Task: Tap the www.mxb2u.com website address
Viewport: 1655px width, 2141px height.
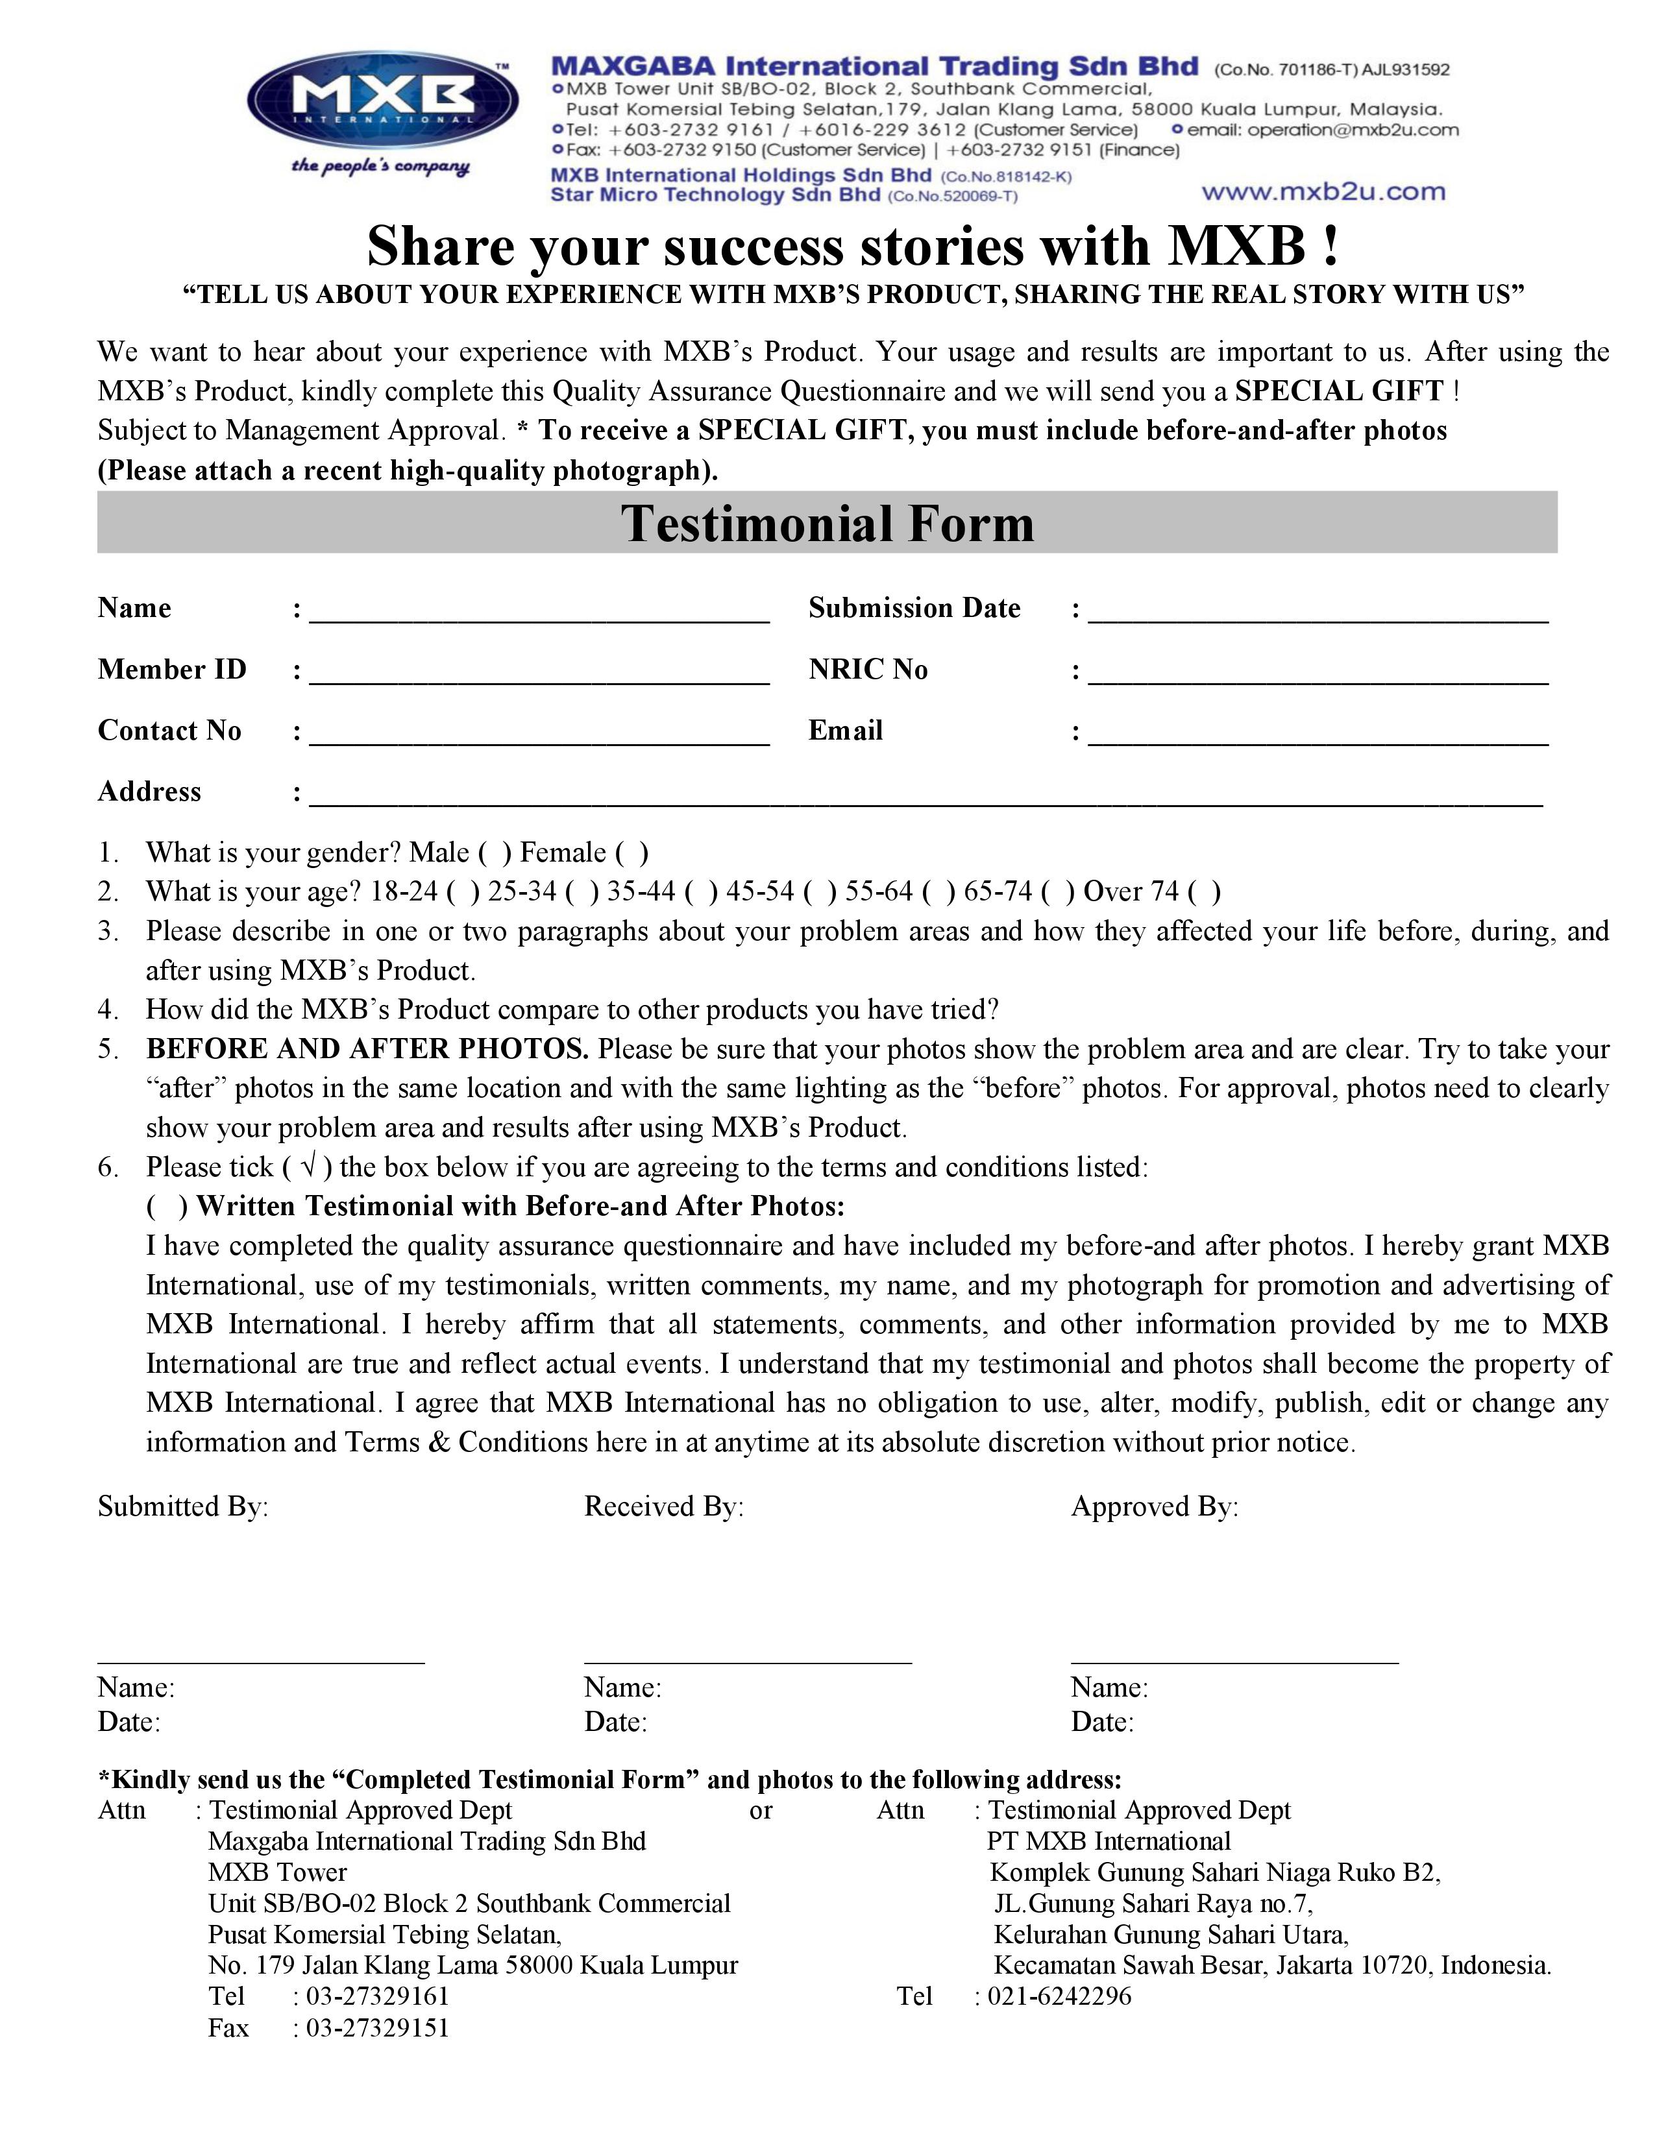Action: (x=1323, y=192)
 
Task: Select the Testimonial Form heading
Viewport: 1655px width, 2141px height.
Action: (x=826, y=524)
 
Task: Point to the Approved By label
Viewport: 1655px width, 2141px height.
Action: (x=1154, y=1506)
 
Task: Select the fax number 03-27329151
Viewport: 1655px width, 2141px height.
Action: (x=378, y=2028)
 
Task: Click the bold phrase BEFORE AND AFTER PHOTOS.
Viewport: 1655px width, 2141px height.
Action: (x=367, y=1049)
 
